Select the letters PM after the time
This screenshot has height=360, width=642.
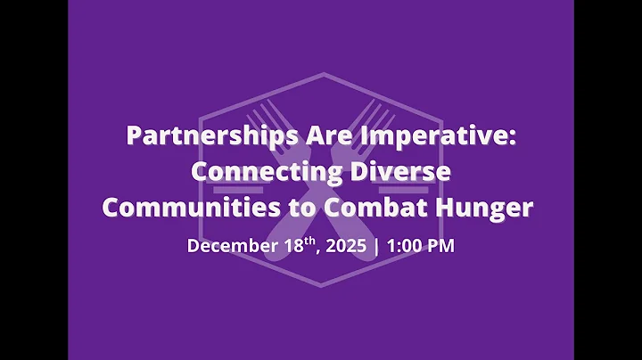pos(441,246)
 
